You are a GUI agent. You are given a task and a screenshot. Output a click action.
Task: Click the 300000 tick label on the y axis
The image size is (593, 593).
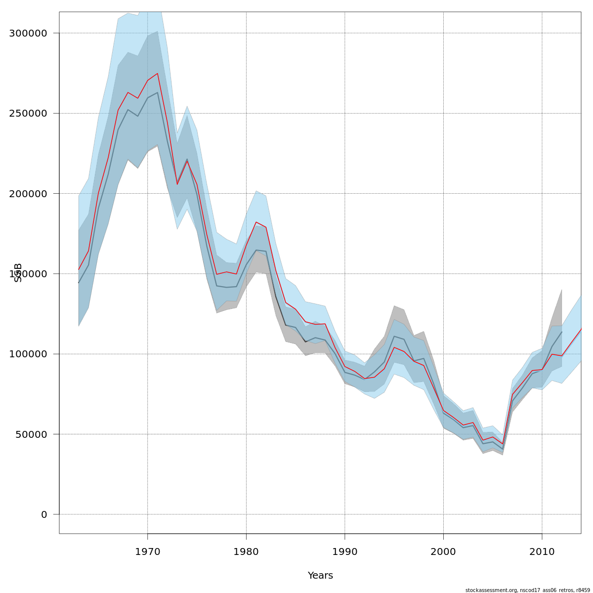(28, 33)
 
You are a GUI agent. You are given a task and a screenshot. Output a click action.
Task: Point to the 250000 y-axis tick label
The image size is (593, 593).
(28, 113)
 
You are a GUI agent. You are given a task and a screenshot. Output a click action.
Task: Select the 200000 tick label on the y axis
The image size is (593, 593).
(28, 194)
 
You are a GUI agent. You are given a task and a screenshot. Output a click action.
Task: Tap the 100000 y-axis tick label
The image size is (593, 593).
(28, 354)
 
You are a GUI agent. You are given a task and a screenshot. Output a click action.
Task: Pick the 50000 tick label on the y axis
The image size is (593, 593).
(31, 434)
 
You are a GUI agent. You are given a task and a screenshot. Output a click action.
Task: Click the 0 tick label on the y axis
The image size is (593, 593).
(44, 514)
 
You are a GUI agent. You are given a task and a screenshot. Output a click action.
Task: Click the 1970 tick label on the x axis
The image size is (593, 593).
(147, 551)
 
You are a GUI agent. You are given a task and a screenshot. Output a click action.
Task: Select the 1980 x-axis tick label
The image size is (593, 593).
(246, 551)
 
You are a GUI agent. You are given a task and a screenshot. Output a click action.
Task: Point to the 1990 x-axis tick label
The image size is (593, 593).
(344, 551)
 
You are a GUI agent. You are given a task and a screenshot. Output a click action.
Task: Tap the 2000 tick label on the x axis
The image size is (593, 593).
(443, 551)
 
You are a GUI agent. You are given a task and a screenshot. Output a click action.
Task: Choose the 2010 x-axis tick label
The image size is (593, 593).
(542, 551)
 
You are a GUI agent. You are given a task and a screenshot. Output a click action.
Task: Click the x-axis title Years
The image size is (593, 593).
(320, 576)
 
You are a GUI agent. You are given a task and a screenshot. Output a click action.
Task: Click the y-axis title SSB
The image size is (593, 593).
(18, 273)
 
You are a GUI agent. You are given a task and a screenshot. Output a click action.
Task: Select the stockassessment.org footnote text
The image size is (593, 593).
(527, 590)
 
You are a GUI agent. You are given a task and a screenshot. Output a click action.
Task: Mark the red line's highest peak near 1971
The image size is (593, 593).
(157, 74)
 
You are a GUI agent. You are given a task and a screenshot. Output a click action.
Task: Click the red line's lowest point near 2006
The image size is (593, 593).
(503, 444)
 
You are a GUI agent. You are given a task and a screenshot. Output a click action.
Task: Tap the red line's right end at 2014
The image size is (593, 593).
(581, 329)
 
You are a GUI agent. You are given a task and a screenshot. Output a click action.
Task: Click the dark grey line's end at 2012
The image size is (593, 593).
(562, 332)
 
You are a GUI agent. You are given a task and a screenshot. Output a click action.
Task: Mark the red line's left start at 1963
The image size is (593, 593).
(79, 269)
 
